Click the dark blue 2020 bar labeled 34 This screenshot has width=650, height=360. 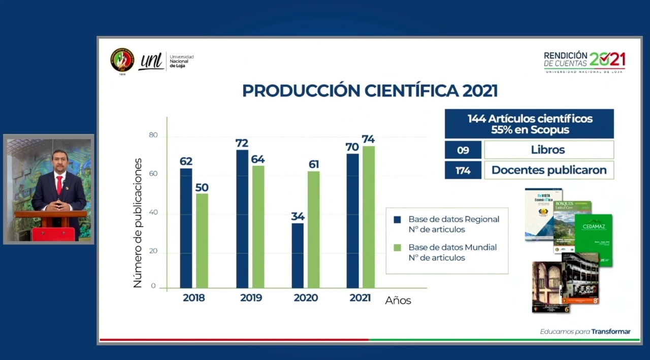pos(298,255)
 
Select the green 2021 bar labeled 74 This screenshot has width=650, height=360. pos(368,217)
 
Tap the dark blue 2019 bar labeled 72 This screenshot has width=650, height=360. pos(242,219)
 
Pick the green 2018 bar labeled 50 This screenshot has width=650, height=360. pos(202,241)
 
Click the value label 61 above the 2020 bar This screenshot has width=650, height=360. pos(314,165)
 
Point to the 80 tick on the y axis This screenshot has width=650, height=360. pos(153,136)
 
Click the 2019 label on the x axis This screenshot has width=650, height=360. pos(251,298)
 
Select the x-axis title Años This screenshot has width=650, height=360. pos(398,301)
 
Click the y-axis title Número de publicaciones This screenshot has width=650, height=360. pos(138,223)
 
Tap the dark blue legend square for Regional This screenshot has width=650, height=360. pos(397,220)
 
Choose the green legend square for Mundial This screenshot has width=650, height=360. pos(397,248)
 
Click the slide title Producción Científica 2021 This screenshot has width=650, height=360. pos(370,91)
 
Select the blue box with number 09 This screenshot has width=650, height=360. pos(463,150)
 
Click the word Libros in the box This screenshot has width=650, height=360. pos(548,150)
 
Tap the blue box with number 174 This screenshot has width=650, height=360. pos(463,170)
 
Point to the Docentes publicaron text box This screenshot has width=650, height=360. pos(548,170)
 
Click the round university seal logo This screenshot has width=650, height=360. pos(122,60)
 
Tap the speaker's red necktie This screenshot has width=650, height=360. pos(59,185)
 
